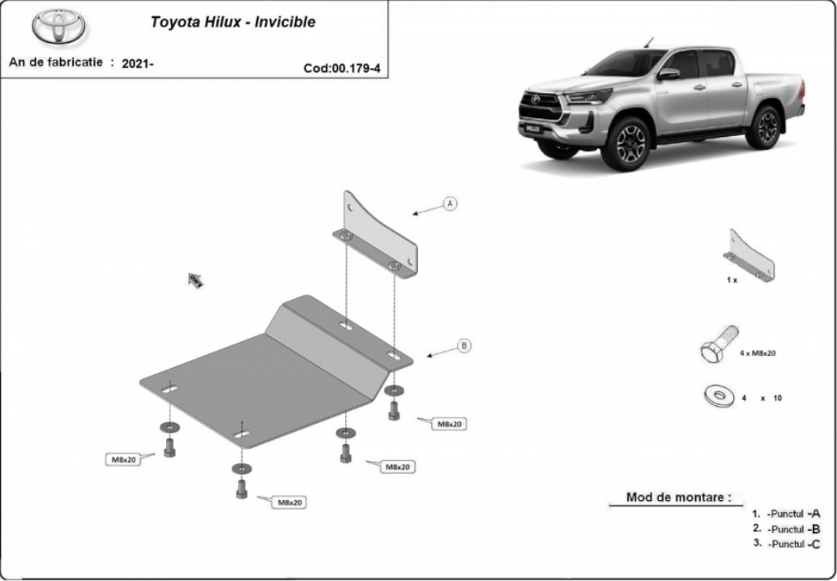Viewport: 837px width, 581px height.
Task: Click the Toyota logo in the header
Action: tap(58, 26)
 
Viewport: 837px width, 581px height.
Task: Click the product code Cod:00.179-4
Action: tap(342, 68)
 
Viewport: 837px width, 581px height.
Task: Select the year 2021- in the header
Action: tap(138, 63)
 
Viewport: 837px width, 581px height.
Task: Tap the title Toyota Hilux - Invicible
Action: tap(233, 22)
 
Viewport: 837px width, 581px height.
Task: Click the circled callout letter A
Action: tap(451, 203)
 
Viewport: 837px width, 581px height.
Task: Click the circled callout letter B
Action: tap(464, 346)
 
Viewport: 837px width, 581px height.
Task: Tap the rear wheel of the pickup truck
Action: tap(764, 127)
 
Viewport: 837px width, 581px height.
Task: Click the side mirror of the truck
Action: tap(668, 75)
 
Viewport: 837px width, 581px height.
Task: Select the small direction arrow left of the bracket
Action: tap(195, 280)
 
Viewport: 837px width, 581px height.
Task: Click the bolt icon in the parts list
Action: tap(719, 344)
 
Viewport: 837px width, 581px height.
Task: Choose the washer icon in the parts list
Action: tap(720, 395)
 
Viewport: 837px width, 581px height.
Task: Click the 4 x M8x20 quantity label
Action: tap(758, 353)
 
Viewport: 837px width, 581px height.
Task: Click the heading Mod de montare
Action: tap(678, 498)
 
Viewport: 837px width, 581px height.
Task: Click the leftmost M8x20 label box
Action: tap(123, 459)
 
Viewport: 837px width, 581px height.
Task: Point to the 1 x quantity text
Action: tap(732, 280)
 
